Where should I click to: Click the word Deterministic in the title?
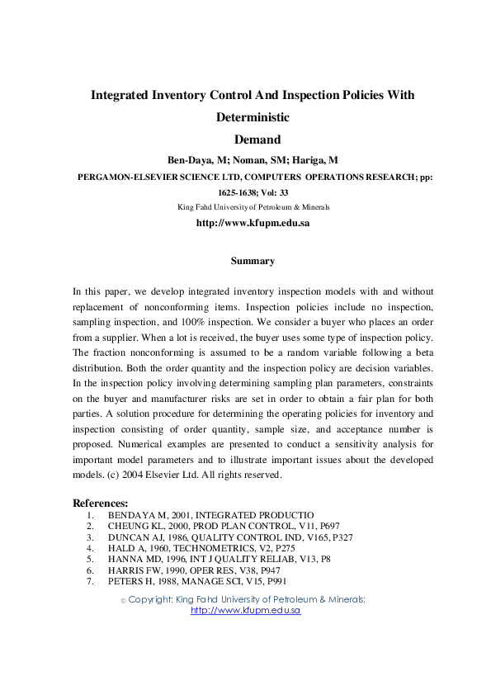(253, 117)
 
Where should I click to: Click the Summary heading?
(253, 261)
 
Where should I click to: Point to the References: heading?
(101, 503)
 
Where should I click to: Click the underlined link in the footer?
(245, 610)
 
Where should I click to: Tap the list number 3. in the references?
(89, 537)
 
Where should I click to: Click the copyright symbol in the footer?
(123, 601)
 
